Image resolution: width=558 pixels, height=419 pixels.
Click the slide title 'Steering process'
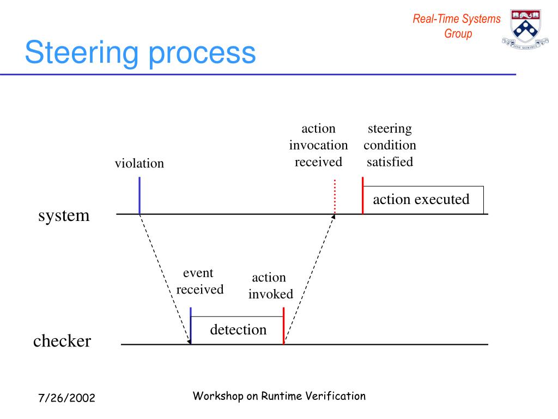tap(140, 53)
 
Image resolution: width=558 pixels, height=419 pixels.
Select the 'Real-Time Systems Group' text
tap(457, 26)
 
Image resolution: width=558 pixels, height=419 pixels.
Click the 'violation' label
tap(139, 163)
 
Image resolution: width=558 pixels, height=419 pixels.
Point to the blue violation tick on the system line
tap(139, 195)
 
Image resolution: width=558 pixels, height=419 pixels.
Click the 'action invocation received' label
tap(318, 145)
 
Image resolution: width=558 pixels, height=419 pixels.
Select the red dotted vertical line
tap(335, 196)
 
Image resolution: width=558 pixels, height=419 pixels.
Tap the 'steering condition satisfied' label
tap(390, 145)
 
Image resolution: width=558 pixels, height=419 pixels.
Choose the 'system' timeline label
tap(64, 216)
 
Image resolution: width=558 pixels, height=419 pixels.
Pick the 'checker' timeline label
tap(62, 342)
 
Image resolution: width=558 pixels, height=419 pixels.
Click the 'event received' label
tap(199, 281)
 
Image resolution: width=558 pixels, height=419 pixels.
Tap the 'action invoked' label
tap(270, 286)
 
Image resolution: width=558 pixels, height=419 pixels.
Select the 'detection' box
tap(238, 330)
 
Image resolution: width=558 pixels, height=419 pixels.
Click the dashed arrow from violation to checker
tap(165, 278)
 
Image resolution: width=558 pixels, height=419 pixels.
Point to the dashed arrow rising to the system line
tap(309, 278)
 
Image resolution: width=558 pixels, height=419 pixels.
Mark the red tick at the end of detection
tap(283, 326)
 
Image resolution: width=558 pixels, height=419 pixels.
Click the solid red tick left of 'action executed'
tap(362, 195)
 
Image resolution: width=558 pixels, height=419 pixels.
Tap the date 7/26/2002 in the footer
tap(66, 398)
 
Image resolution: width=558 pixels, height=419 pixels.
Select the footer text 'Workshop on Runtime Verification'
tap(279, 396)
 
